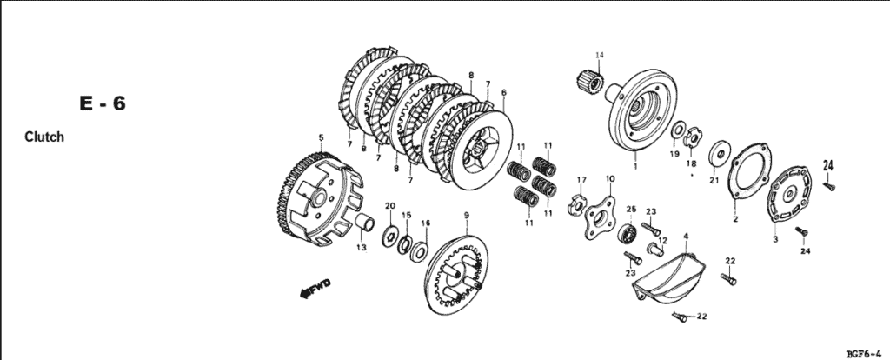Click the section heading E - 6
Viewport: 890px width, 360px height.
click(x=103, y=104)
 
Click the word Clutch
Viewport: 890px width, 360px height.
click(x=44, y=137)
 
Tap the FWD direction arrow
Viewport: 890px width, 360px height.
click(x=315, y=290)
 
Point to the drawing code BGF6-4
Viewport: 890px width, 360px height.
click(x=866, y=353)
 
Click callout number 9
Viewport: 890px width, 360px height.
click(x=466, y=215)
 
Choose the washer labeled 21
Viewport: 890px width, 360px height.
click(x=718, y=153)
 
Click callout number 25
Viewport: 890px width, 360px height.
click(x=631, y=209)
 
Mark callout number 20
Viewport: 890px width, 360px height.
click(x=389, y=207)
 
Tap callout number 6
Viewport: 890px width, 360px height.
click(x=504, y=92)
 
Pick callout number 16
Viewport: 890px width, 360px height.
click(x=425, y=223)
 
